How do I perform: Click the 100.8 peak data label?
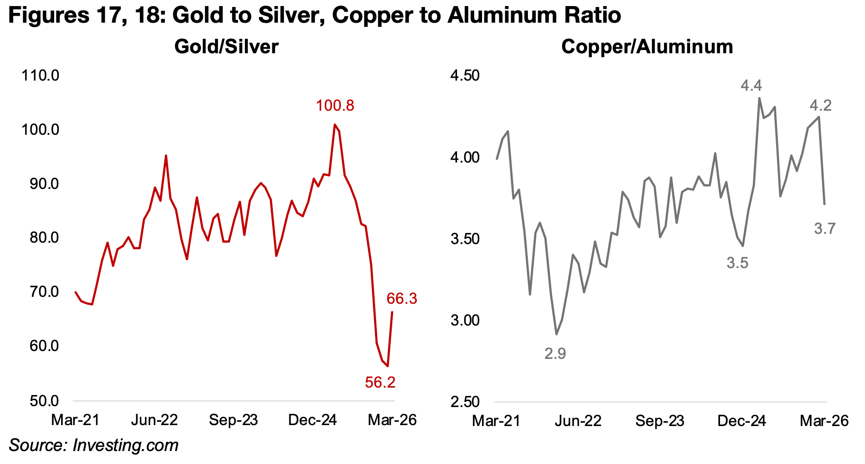coord(335,106)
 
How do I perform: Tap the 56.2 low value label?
coord(380,382)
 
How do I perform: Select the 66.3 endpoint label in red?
coord(402,299)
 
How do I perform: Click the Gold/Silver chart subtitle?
coord(226,47)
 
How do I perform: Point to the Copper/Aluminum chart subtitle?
coord(647,47)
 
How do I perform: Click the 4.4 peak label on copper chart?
coord(751,86)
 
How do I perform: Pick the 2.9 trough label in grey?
coord(555,354)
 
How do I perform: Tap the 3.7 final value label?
coord(825,228)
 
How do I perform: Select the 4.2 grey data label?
coord(821,106)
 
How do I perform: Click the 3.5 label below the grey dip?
coord(737,263)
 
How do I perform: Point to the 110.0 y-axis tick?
coord(40,75)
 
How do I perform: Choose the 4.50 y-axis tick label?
coord(465,75)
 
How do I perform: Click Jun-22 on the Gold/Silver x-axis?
coord(154,420)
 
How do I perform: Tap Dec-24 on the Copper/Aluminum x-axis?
coord(741,421)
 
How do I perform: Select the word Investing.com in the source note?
coord(125,445)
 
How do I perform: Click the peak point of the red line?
coord(334,125)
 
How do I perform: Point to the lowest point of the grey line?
coord(556,334)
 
